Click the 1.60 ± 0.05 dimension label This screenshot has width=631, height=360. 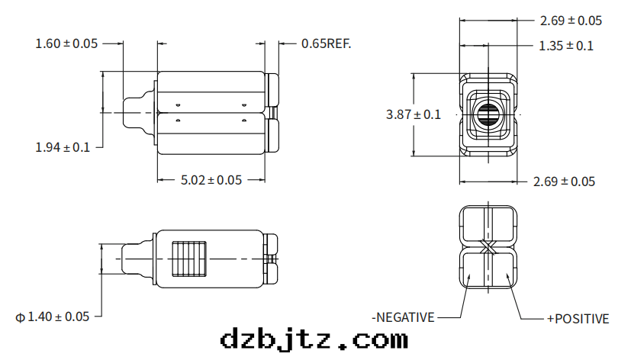66,43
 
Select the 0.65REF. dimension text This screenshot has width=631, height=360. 326,43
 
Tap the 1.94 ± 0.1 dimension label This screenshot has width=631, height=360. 63,146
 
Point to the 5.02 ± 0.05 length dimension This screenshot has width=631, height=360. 211,180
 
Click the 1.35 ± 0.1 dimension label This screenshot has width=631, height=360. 565,46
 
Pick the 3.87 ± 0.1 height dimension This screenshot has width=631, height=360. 413,114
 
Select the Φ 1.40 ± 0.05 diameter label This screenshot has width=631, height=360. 53,316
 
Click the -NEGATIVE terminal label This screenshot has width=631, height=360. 403,317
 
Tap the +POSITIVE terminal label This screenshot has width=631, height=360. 578,318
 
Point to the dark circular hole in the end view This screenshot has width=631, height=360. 487,116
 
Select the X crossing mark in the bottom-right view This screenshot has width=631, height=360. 488,248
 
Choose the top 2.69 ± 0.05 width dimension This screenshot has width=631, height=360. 570,21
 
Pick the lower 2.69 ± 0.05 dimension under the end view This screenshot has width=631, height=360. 565,182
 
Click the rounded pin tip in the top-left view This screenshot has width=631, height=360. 127,113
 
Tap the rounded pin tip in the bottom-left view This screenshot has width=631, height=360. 125,259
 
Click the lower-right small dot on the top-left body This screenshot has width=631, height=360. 243,121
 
